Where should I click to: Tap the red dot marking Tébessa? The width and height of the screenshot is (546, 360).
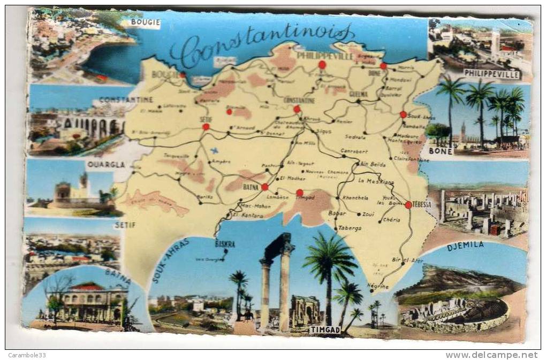tap(408, 205)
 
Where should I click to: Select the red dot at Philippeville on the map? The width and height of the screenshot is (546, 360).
tap(322, 65)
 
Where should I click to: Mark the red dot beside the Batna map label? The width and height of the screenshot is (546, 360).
tap(264, 187)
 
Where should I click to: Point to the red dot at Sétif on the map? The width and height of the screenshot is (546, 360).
tap(206, 127)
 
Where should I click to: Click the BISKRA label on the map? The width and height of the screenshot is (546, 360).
tap(225, 244)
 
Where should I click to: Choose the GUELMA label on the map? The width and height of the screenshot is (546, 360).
tap(358, 94)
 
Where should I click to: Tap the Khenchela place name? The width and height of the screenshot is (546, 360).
tap(355, 197)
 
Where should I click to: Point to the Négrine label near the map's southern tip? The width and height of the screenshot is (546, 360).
tap(378, 287)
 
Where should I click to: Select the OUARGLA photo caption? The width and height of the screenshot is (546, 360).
tap(105, 164)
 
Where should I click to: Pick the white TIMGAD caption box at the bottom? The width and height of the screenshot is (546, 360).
tap(325, 330)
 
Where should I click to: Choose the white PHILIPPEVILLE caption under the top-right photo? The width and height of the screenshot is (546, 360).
tap(492, 74)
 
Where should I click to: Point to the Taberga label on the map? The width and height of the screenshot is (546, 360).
tap(350, 228)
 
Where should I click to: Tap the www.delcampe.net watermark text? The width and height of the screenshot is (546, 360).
tap(491, 355)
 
